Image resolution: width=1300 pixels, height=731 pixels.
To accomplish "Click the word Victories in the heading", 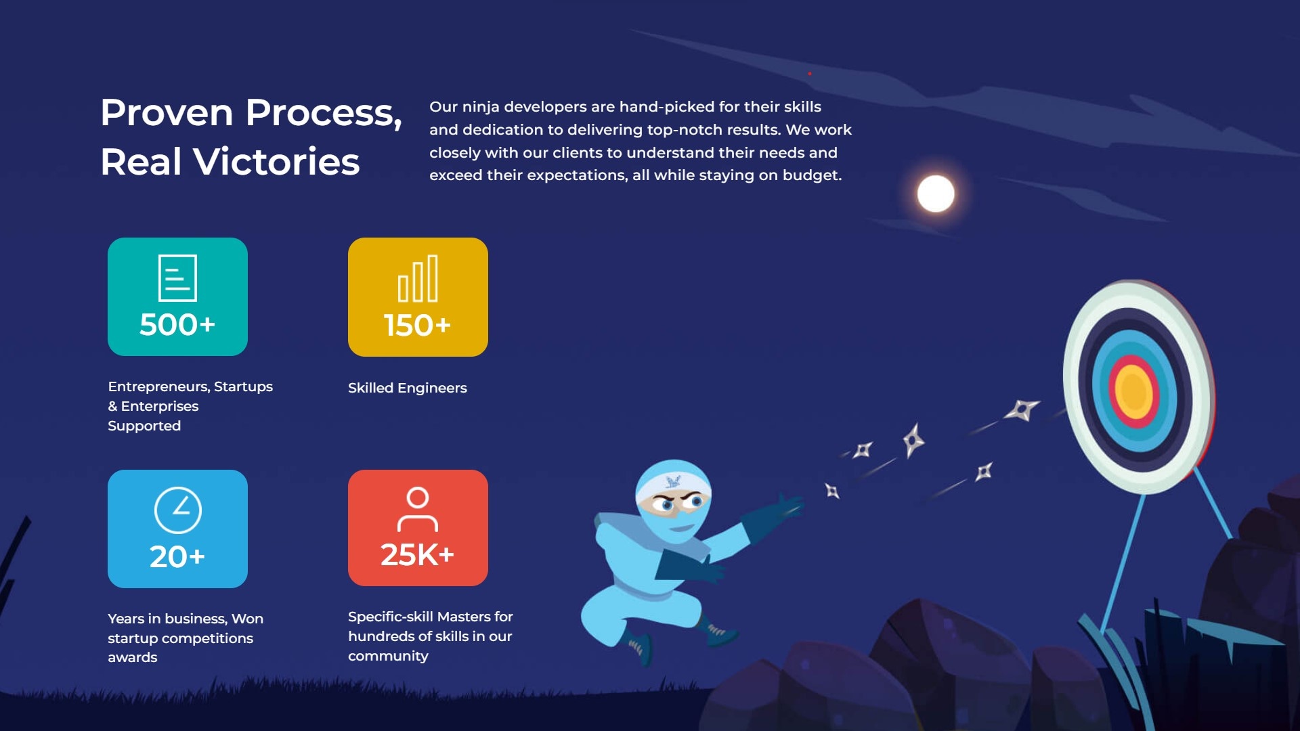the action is (276, 162).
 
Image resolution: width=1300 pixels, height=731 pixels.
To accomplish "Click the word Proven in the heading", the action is (167, 112).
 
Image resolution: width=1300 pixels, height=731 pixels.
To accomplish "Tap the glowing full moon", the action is (936, 194).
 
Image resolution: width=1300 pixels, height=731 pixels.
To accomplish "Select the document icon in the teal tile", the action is (177, 278).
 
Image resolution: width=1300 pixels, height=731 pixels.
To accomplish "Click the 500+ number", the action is (177, 325).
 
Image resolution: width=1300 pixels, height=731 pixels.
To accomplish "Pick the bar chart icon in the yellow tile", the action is (418, 278).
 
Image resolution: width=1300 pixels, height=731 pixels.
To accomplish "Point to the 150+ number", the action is (417, 326).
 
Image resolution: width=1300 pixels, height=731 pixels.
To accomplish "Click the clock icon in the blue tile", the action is (178, 510).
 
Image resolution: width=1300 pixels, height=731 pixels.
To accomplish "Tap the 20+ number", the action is (177, 557).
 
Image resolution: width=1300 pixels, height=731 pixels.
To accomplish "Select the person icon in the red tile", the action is (418, 510).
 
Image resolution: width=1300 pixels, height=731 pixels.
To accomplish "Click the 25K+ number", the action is (417, 555).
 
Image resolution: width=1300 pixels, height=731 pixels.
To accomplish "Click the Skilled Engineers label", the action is (408, 388).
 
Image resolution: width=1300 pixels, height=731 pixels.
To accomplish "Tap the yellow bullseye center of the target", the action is (1133, 392).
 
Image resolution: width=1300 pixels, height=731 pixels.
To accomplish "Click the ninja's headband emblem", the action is (673, 482).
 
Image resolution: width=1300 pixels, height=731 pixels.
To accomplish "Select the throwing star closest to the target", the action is (1022, 409).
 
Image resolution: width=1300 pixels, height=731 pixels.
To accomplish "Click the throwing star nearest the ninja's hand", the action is (832, 491).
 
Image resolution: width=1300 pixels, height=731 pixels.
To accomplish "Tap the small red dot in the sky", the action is (810, 73).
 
